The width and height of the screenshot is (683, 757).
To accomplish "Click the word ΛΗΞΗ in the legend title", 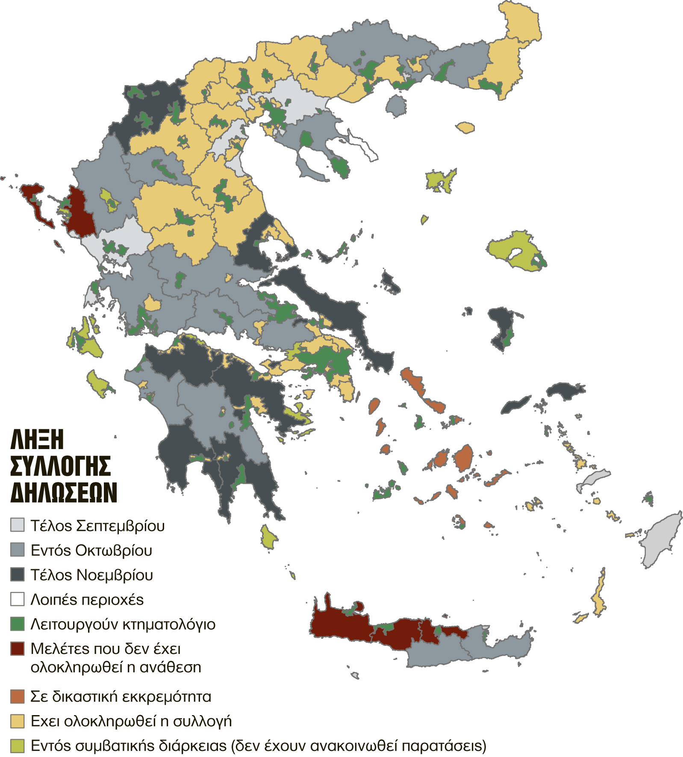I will tap(37, 440).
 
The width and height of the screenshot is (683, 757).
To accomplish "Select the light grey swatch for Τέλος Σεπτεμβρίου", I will tap(18, 525).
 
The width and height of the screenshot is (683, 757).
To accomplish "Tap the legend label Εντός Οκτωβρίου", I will tap(91, 550).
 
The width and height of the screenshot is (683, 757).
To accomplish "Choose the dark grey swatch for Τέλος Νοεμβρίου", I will tap(18, 574).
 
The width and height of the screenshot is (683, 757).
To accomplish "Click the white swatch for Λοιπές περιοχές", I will tap(18, 599).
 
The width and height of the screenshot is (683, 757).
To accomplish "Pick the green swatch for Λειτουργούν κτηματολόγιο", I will tap(18, 624).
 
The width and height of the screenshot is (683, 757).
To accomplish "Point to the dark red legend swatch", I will tap(18, 649).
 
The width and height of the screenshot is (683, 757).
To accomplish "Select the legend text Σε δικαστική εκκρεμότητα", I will tap(121, 697).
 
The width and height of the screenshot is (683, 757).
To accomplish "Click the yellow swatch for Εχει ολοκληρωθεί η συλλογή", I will tap(18, 721).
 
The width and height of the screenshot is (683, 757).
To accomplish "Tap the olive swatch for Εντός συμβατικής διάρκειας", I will tap(18, 745).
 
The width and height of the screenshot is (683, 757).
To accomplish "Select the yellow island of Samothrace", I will tap(465, 127).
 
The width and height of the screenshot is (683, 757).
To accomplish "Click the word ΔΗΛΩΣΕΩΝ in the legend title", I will tap(64, 492).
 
